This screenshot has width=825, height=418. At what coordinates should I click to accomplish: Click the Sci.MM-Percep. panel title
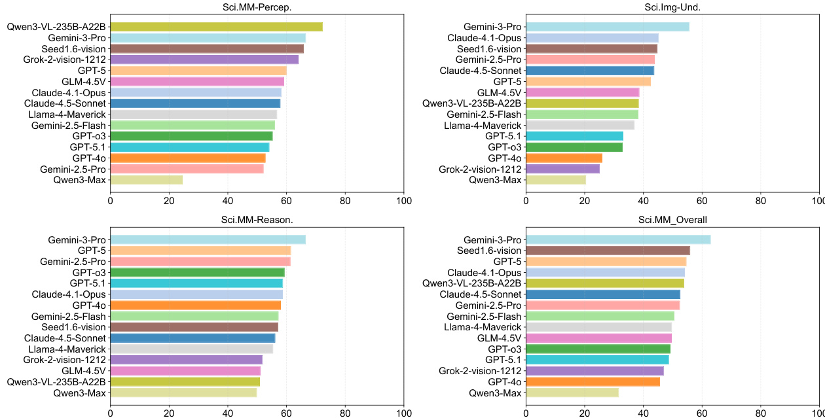[257, 8]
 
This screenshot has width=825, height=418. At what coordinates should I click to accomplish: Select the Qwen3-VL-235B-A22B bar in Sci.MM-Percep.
[216, 27]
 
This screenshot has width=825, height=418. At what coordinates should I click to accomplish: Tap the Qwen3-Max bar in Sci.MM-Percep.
[146, 180]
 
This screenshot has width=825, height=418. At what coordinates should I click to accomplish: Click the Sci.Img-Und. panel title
[672, 8]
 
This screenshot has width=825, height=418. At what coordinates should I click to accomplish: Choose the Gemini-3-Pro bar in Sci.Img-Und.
[607, 27]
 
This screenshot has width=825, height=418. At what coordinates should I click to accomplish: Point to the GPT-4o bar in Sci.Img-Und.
[564, 158]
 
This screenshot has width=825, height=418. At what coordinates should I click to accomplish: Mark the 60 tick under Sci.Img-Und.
[702, 200]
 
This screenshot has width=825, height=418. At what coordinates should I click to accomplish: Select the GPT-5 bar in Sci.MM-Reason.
[200, 251]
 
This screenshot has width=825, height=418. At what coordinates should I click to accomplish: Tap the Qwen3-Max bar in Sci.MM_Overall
[572, 393]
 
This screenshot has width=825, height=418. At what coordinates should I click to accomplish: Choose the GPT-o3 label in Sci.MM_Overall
[504, 349]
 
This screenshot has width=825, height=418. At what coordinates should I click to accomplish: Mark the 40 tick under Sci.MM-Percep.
[228, 200]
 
